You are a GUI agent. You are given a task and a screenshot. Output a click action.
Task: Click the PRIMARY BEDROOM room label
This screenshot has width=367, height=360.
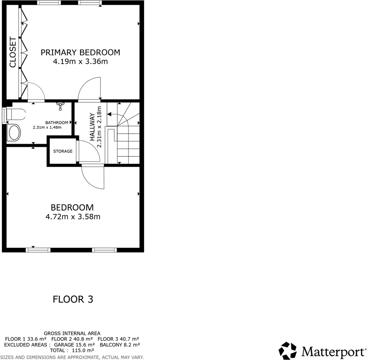(x=81, y=53)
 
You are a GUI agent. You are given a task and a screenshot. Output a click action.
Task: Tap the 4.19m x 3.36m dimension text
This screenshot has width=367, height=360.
(x=81, y=62)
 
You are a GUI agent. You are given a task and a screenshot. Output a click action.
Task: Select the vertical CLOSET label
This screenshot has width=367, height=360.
(x=12, y=53)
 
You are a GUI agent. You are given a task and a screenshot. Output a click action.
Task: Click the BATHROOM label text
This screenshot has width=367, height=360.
(x=57, y=123)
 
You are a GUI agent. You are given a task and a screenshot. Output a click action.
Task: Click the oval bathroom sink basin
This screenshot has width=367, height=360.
(x=15, y=133)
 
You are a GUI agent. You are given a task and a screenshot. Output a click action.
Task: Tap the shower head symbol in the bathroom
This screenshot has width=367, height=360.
(x=61, y=105)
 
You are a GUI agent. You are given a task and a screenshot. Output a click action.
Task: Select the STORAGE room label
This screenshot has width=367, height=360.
(x=63, y=151)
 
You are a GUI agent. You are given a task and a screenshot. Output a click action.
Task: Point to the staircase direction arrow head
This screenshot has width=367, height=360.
(x=109, y=114)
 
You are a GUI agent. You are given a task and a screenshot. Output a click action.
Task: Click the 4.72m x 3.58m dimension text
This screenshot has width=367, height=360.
(x=73, y=217)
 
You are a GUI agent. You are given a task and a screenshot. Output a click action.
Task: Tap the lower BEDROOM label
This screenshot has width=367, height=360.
(x=72, y=207)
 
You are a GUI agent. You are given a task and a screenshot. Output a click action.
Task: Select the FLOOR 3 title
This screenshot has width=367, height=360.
(x=73, y=299)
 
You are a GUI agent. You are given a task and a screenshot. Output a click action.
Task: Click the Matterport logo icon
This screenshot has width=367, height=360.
(x=288, y=351)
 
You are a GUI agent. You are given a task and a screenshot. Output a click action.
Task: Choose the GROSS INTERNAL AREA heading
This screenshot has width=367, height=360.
(x=72, y=333)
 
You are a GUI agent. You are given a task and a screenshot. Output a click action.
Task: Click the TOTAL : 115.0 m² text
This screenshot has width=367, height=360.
(x=72, y=350)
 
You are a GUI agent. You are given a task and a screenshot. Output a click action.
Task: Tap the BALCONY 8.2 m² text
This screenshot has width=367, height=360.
(x=120, y=344)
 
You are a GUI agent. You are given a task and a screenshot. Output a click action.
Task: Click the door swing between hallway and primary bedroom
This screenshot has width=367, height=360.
(x=91, y=89)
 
